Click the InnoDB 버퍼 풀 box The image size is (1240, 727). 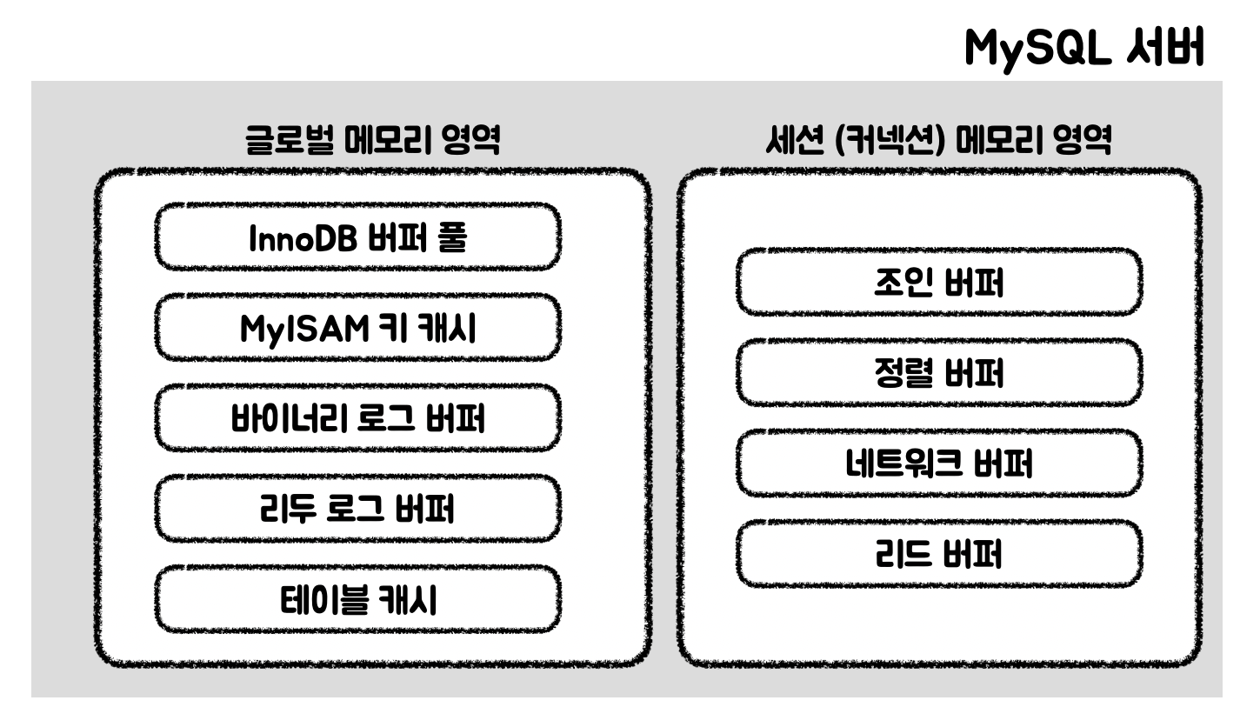[x=357, y=237]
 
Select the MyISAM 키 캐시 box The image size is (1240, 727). [x=357, y=328]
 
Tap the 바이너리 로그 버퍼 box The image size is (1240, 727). [x=357, y=418]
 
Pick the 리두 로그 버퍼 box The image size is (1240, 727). [x=357, y=509]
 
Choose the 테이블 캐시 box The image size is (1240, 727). [x=357, y=600]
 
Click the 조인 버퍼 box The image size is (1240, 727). [x=939, y=283]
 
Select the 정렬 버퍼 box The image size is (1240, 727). [x=939, y=373]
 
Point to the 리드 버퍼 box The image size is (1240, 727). [x=939, y=554]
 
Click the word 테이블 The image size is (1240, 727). [x=317, y=600]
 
